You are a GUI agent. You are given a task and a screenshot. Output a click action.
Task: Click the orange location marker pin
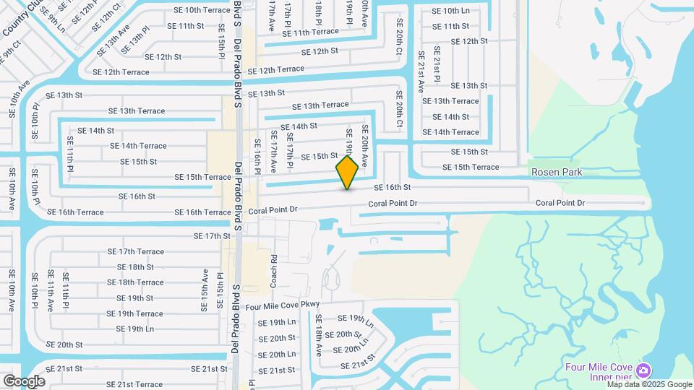[348, 173]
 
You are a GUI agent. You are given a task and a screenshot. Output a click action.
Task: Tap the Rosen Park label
[556, 173]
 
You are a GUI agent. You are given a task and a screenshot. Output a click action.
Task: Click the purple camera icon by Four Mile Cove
[643, 370]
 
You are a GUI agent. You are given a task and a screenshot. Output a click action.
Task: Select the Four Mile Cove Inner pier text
[605, 370]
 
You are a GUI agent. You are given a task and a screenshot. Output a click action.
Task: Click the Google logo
[24, 381]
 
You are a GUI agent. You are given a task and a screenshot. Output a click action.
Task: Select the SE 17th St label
[211, 236]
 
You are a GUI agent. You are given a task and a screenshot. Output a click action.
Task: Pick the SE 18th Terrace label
[140, 282]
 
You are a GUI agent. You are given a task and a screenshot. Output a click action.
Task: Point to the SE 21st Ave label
[421, 72]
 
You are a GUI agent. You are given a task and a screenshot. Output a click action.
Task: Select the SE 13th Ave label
[113, 39]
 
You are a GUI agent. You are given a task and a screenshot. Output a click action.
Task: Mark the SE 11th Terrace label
[310, 32]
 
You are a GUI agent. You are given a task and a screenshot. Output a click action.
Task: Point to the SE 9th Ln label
[53, 18]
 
